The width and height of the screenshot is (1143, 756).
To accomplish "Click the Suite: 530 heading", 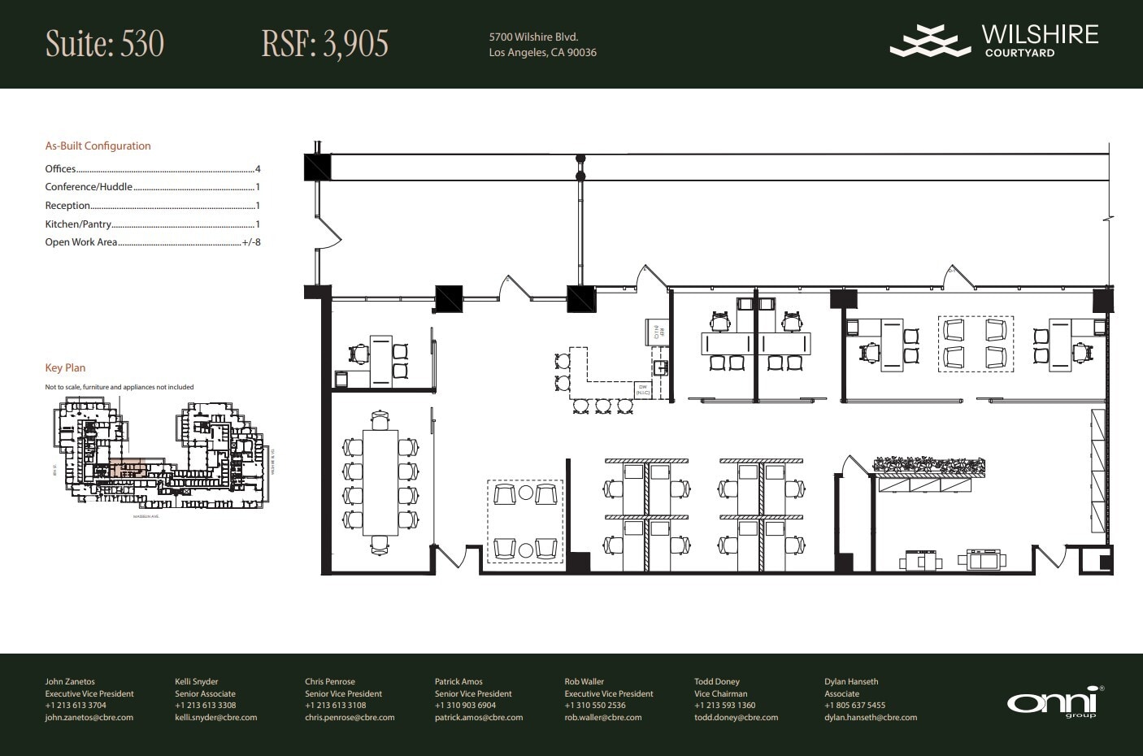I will [x=105, y=44].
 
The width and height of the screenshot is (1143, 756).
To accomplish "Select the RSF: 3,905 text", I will [x=324, y=44].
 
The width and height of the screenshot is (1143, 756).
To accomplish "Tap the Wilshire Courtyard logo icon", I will [x=930, y=41].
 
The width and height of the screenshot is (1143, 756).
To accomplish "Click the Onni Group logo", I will [x=1054, y=702].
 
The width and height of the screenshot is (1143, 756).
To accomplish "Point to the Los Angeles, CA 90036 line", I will [x=542, y=53].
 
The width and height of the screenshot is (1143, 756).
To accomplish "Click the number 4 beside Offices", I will [x=258, y=169].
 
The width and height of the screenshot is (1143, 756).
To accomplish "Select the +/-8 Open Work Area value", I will [x=251, y=242].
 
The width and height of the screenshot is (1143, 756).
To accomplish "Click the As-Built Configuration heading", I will [x=98, y=146].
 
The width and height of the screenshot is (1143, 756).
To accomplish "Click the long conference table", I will [x=380, y=482].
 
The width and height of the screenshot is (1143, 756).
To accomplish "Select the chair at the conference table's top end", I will [x=380, y=420].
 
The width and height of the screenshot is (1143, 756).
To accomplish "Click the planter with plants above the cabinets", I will [x=928, y=466].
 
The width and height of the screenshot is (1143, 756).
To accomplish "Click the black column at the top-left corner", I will [x=317, y=167].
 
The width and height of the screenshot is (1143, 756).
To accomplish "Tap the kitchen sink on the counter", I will [x=662, y=367].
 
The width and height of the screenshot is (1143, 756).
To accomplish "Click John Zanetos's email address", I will [x=89, y=718].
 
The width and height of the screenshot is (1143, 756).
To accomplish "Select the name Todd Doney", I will [x=716, y=682].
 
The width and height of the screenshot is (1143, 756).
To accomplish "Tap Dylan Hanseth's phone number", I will [x=854, y=706].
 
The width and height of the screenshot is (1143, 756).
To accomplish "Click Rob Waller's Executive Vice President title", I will [x=609, y=694].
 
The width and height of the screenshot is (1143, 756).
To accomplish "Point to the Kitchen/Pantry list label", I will [x=78, y=224].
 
